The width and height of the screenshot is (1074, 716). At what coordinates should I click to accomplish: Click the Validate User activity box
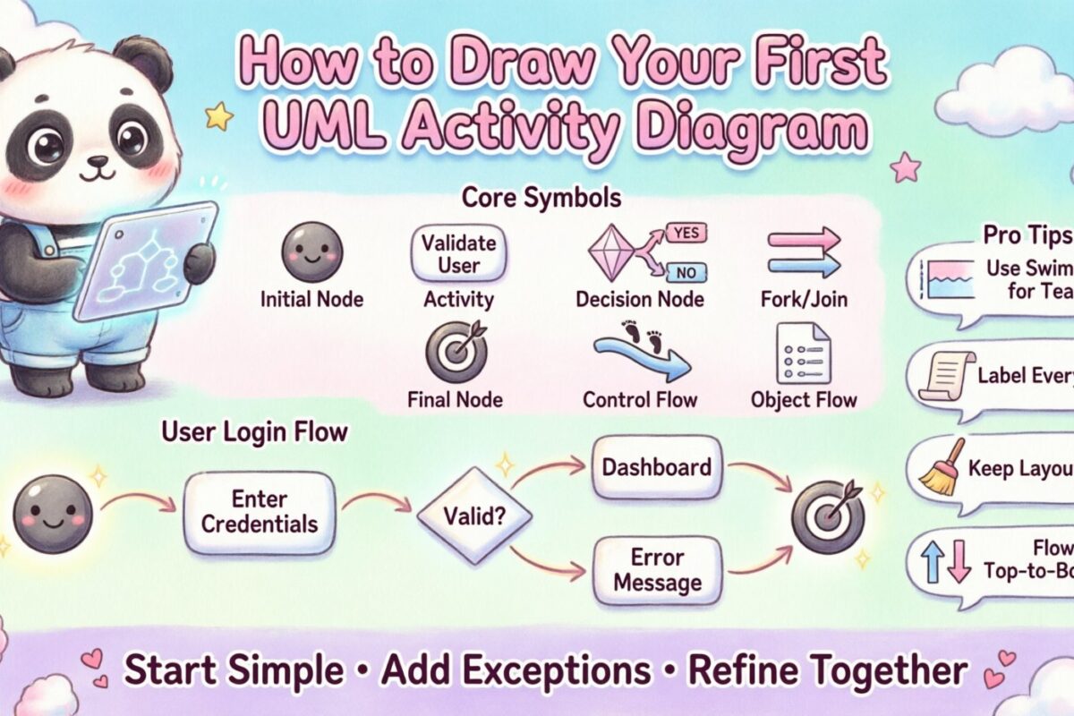458,253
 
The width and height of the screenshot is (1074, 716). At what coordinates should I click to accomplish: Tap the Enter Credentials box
260,511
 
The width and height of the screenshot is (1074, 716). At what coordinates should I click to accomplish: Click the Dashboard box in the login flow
657,467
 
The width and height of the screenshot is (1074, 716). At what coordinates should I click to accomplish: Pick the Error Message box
657,570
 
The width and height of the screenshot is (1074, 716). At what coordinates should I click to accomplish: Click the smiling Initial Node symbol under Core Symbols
310,252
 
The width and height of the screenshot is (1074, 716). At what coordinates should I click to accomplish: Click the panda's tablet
146,260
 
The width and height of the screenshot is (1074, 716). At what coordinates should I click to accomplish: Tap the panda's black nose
96,161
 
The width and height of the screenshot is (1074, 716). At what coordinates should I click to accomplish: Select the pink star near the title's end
905,166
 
